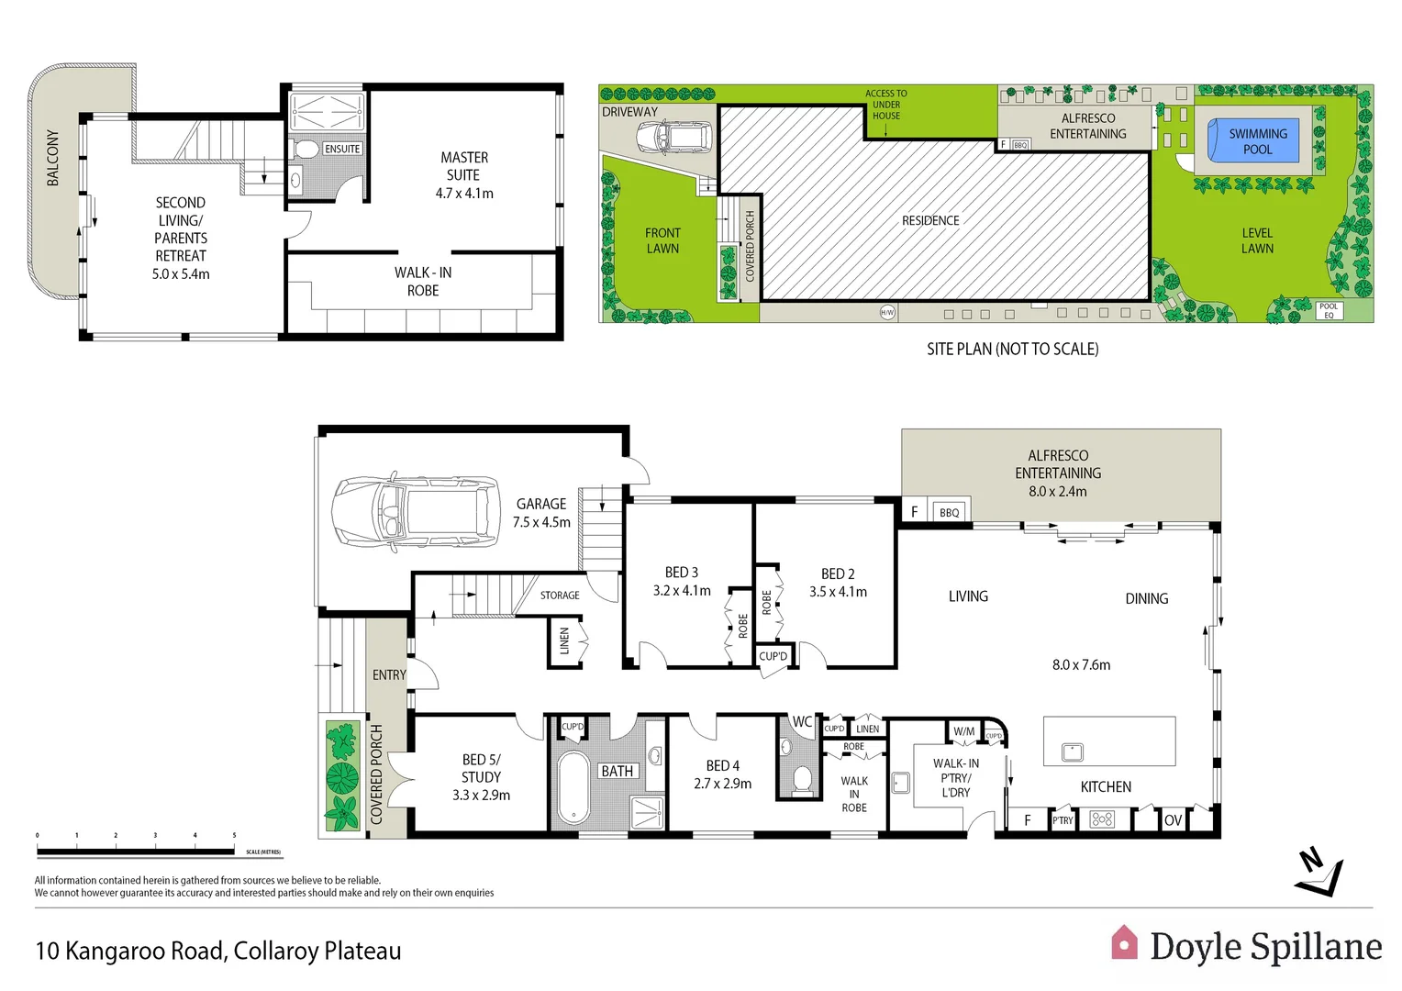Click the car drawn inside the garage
(x=416, y=513)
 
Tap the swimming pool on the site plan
(x=1257, y=141)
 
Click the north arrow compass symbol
(x=1319, y=874)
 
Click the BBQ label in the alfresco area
(x=949, y=512)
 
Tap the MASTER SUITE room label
(x=464, y=166)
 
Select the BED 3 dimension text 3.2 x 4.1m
(x=682, y=591)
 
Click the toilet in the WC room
(x=802, y=779)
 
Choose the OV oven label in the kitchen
(x=1173, y=820)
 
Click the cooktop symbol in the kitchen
(x=1102, y=819)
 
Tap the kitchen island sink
(x=1073, y=752)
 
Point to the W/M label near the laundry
(x=963, y=731)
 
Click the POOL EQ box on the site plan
(x=1329, y=311)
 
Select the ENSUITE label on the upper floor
(x=342, y=149)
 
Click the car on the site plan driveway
(x=673, y=138)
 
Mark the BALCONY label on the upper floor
(x=53, y=158)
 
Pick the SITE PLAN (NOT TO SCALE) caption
(x=1012, y=349)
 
